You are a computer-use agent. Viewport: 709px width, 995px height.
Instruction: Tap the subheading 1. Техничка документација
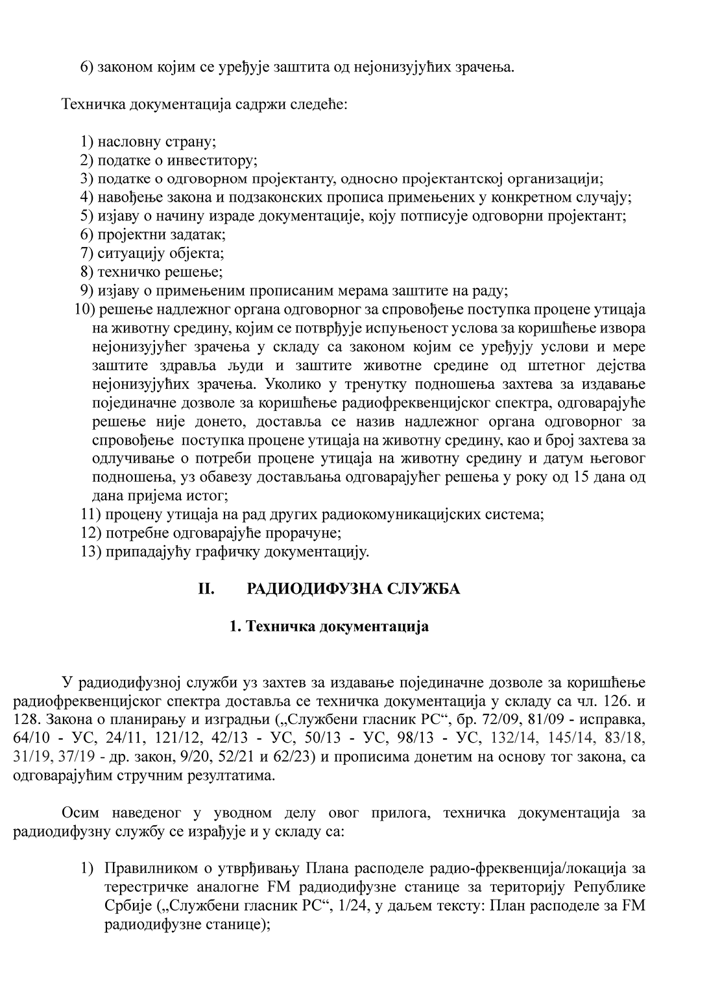329,627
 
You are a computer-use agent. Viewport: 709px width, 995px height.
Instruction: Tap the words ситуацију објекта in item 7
160,253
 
